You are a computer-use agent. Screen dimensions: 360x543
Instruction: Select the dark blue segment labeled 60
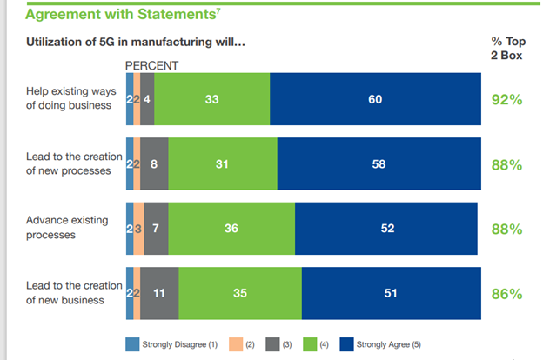coord(375,99)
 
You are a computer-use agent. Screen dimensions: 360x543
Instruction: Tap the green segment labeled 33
coord(211,99)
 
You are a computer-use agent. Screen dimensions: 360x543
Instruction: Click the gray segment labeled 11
coord(159,294)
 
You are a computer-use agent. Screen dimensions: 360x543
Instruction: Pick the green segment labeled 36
coord(231,229)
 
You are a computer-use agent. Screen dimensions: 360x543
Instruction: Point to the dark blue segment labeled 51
coord(391,294)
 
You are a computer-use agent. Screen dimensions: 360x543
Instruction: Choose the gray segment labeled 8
coord(154,164)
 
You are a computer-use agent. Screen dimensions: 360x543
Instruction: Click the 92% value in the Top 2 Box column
coord(506,99)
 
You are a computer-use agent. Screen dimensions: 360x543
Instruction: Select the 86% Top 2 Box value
coord(506,294)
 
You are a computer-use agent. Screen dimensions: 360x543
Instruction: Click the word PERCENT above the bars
coord(152,65)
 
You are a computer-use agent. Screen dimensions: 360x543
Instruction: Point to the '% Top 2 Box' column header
coord(506,48)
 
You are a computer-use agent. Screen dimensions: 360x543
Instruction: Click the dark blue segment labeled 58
coord(379,164)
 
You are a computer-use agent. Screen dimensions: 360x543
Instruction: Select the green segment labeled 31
coord(222,164)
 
